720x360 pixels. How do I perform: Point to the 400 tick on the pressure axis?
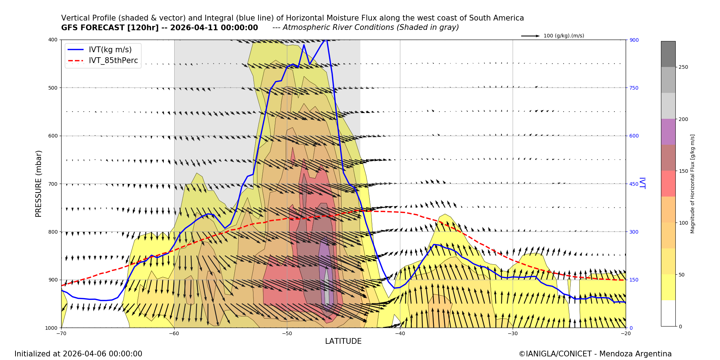coord(53,40)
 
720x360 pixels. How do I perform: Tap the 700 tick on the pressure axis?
coord(53,184)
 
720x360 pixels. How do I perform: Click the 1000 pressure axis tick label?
coord(51,328)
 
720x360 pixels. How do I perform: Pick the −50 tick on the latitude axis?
coord(287,333)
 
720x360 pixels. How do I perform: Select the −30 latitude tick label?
coord(513,333)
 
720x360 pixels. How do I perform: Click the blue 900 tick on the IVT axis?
coord(634,40)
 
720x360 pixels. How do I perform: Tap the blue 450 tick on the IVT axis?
coord(634,184)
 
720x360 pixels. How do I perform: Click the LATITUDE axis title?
coord(343,341)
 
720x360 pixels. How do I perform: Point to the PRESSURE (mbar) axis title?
coord(39,184)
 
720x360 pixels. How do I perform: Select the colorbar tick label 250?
coord(683,67)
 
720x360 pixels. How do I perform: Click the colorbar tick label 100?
coord(683,223)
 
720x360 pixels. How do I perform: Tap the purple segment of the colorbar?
coord(668,132)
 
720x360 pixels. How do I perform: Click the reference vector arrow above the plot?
coord(530,36)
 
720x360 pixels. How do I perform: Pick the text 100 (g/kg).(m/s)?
coord(564,36)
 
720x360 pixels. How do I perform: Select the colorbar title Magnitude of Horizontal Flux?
coord(693,184)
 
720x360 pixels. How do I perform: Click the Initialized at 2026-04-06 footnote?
coord(78,354)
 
